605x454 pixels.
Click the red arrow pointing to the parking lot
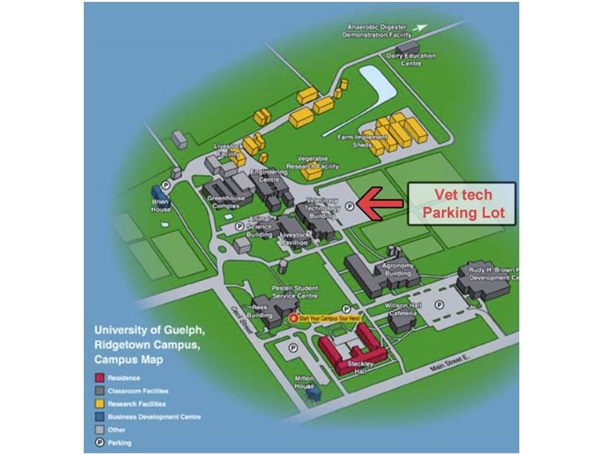(x=380, y=203)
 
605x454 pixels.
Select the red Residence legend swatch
(x=99, y=378)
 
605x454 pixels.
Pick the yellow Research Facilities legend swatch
(x=99, y=404)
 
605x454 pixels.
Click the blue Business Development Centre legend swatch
(x=99, y=417)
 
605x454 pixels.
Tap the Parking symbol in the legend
(x=99, y=443)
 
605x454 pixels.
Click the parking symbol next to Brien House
(x=165, y=185)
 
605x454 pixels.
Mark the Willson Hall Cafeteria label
(x=403, y=309)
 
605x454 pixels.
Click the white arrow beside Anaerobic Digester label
(x=421, y=28)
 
